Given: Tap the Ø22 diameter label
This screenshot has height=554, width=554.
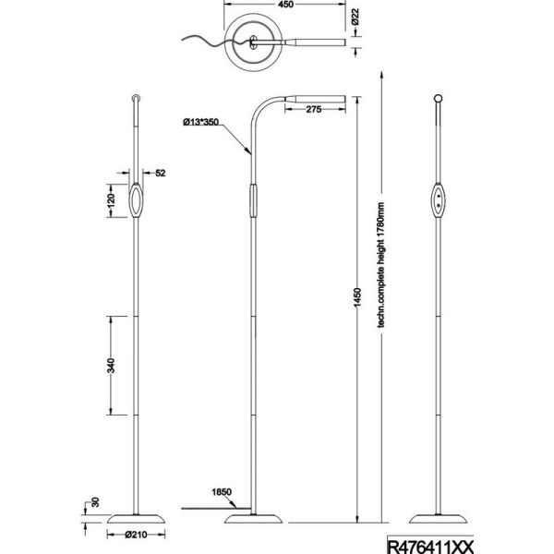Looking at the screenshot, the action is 355,17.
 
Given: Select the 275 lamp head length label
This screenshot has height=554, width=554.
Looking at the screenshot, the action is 314,109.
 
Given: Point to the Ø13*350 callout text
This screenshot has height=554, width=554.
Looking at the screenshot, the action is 200,122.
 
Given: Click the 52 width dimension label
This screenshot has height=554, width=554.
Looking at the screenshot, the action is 161,173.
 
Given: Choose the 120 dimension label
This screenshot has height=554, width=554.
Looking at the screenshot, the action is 111,200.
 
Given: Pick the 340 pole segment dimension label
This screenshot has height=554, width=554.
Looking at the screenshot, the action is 111,366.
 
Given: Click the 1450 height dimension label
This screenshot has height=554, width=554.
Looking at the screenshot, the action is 357,297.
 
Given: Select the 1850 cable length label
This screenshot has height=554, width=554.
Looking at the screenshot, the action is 222,492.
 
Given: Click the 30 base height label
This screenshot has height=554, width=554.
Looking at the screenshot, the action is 95,502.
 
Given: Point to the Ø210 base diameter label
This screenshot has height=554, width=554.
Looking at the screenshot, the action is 136,535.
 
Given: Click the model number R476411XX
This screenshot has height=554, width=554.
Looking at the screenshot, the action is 430,547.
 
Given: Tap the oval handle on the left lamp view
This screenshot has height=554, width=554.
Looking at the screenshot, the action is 136,200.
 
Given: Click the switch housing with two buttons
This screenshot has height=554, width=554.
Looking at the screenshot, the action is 438,200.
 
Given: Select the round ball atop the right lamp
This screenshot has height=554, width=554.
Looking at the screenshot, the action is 438,98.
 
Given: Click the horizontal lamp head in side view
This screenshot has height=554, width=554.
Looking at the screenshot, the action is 315,99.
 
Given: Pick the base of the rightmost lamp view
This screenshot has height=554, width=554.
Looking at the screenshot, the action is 438,519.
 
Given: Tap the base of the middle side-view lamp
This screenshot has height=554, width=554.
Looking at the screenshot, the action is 253,519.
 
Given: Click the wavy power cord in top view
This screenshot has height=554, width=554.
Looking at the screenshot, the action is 216,41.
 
